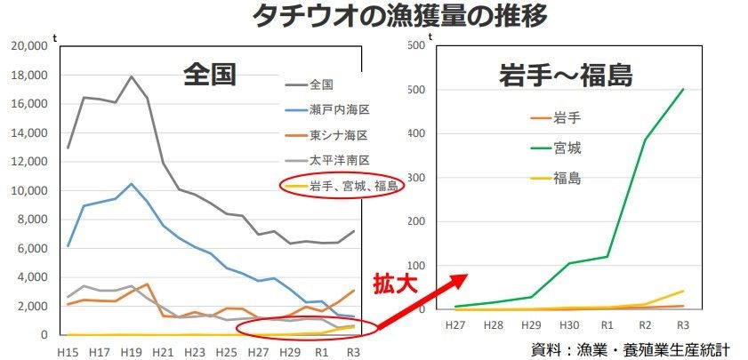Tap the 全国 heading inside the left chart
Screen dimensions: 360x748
[210, 75]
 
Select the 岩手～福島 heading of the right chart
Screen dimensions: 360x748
[565, 76]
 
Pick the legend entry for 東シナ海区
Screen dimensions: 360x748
[339, 135]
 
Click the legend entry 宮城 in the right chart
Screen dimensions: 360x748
[567, 147]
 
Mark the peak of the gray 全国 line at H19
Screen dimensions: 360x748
[132, 76]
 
